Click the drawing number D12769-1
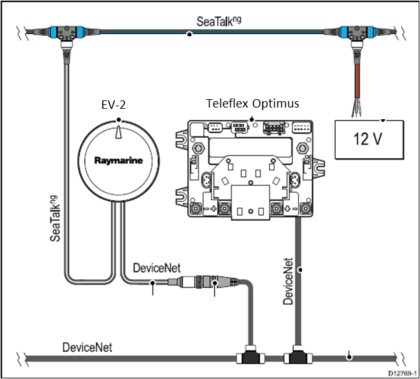[x=401, y=373]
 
